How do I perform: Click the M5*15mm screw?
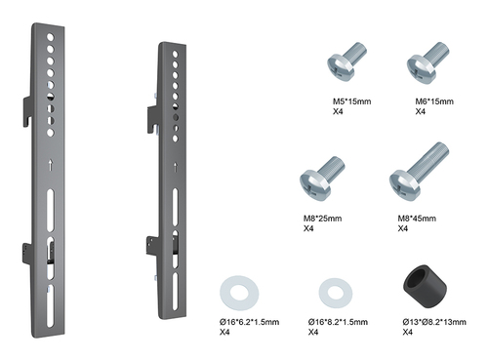(x=345, y=62)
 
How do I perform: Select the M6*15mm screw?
(x=427, y=62)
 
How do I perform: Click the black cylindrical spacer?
(x=425, y=287)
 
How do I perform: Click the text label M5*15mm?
(x=351, y=101)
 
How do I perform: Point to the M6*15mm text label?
(x=434, y=101)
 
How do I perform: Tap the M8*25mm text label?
(x=322, y=219)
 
